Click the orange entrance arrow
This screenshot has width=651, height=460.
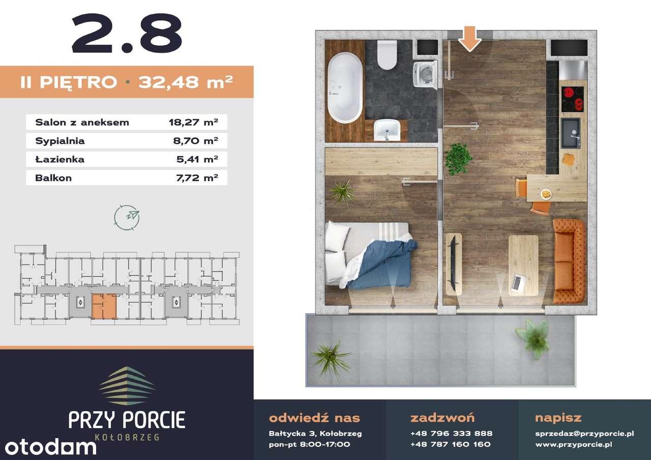click(470, 39)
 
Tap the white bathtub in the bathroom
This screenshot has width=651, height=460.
click(345, 87)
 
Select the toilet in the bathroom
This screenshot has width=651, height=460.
click(387, 54)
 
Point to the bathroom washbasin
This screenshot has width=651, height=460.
click(387, 130)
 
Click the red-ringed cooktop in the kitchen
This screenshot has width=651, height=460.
click(572, 99)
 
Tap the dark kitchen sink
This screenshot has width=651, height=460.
click(571, 133)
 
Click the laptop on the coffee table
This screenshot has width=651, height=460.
click(518, 282)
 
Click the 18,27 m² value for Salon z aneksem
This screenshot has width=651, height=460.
click(193, 122)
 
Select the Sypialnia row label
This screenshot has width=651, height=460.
click(60, 141)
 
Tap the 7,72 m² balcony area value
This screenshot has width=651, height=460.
click(197, 178)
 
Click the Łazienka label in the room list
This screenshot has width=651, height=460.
click(60, 159)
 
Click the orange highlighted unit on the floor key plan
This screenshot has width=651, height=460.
click(104, 306)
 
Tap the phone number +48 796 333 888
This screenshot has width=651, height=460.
click(451, 434)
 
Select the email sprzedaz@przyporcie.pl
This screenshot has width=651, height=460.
click(584, 434)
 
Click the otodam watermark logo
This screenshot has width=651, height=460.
click(50, 447)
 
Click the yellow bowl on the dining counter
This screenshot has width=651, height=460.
click(546, 194)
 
